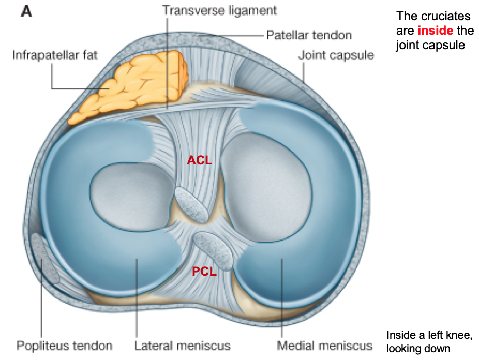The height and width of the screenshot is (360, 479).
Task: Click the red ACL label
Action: click(x=200, y=160)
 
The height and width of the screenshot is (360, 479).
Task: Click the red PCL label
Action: click(x=204, y=271)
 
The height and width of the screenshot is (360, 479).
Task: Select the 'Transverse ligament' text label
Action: click(x=219, y=10)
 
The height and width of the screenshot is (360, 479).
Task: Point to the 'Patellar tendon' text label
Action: click(x=309, y=35)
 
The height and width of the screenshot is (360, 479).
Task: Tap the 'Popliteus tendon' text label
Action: click(x=64, y=345)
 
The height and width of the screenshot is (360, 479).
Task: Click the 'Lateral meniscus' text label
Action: click(x=182, y=345)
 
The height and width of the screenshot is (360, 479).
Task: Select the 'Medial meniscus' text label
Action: click(x=324, y=345)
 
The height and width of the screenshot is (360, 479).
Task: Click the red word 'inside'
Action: click(x=435, y=31)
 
